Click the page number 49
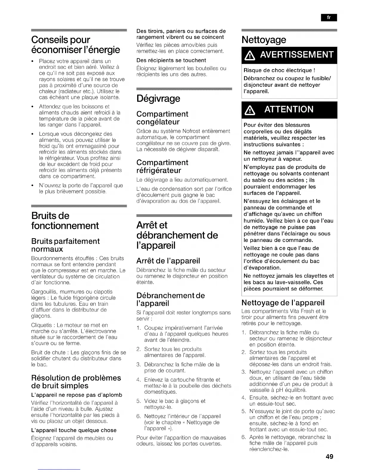click(x=329, y=456)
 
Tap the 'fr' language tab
click(x=329, y=18)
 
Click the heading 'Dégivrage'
click(x=158, y=98)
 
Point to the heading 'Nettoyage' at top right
click(x=264, y=40)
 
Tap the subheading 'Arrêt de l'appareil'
click(x=168, y=261)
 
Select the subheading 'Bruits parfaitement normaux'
click(x=65, y=245)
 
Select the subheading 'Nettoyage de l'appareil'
click(x=283, y=303)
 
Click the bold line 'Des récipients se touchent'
click(x=171, y=60)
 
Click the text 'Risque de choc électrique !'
click(x=279, y=70)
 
